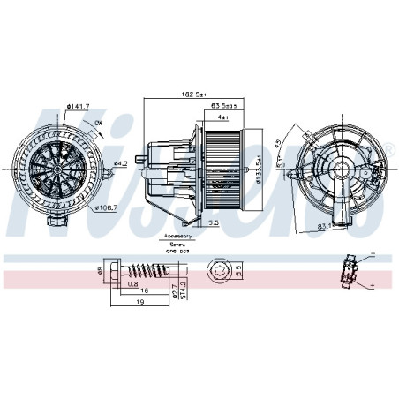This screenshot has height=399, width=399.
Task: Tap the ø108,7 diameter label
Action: coord(107,207)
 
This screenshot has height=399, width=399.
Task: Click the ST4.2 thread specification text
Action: coord(182,290)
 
